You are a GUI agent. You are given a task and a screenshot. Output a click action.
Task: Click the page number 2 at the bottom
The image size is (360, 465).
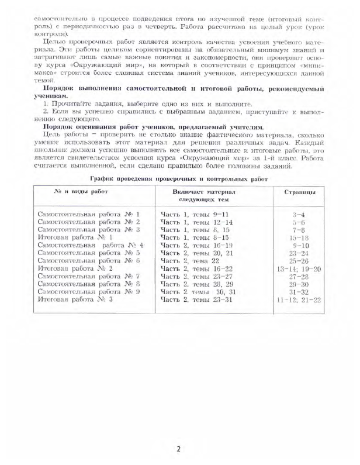click(179, 449)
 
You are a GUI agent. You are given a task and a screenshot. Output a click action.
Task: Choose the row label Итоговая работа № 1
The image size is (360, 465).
click(74, 237)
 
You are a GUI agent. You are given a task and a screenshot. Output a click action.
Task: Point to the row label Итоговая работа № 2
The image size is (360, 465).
click(74, 268)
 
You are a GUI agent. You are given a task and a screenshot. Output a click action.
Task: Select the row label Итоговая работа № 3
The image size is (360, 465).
click(74, 299)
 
